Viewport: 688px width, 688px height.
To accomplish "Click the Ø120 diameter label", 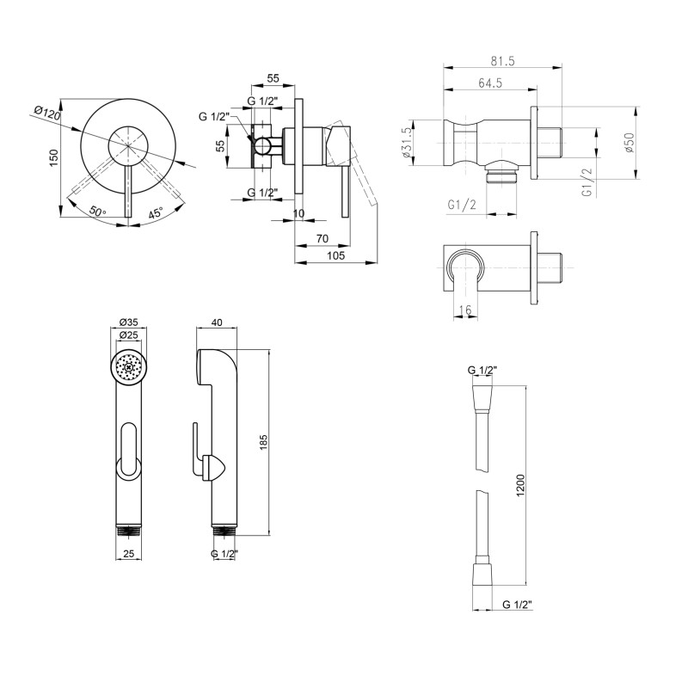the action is (46, 114).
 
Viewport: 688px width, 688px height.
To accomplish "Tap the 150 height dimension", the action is (53, 157).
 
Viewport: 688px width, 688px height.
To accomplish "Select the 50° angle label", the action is (98, 211).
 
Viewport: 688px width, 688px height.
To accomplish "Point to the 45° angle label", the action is (156, 212).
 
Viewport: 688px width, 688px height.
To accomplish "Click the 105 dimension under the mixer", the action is (336, 255).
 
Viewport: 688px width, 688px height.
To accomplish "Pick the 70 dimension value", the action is (322, 239).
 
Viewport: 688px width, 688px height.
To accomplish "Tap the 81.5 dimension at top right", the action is (502, 61).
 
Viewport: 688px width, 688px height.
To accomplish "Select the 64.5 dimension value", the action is (490, 83).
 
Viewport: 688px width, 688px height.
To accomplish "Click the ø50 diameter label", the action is (630, 142).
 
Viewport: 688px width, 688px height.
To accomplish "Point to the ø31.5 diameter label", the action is (406, 143).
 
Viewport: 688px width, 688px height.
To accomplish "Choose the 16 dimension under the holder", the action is (465, 310).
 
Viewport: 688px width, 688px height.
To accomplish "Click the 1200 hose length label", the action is (521, 485).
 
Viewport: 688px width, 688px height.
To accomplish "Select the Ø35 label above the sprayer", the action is (128, 322).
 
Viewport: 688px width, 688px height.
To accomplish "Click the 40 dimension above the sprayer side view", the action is (217, 322).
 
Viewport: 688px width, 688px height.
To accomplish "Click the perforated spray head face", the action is (128, 367).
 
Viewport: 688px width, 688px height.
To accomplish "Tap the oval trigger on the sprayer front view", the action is (128, 449).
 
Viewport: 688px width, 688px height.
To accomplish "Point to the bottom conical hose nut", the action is (482, 572).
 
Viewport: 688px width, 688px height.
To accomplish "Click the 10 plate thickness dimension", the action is (298, 213).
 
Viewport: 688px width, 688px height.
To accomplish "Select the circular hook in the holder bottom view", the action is (464, 267).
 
